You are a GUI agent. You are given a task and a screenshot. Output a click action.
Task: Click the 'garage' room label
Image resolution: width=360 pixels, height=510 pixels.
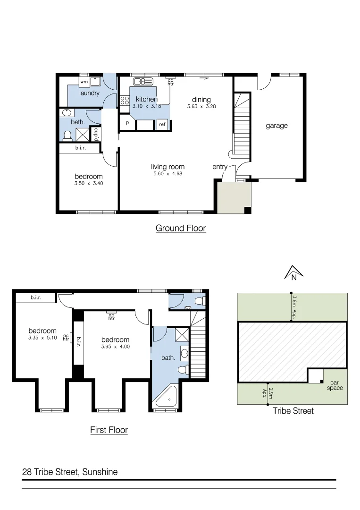pos(276,126)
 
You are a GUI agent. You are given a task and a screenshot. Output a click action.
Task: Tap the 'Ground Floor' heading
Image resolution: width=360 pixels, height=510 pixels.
pos(181,228)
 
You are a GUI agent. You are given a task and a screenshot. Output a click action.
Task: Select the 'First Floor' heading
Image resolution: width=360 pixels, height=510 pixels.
pos(109,430)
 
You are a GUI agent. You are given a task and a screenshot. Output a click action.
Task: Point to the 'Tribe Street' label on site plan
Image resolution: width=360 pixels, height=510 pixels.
pos(293,411)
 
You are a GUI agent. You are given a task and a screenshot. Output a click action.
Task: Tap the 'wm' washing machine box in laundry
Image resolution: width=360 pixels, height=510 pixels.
pos(84,82)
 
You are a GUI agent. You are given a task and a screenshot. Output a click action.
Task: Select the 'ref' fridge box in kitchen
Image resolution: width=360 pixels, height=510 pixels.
pos(162,124)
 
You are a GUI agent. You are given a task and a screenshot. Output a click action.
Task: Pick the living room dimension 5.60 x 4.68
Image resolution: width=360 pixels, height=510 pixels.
pos(167,174)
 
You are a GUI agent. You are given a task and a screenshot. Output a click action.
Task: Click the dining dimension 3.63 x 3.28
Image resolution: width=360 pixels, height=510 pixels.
pos(201,106)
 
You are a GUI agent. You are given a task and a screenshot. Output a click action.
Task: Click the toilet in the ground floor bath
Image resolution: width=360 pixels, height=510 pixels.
pos(67,136)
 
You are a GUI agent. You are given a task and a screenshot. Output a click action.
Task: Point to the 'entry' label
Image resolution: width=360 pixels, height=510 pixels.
pos(220,167)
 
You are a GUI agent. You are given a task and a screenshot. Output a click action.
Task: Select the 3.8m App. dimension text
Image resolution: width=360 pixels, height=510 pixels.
pos(293,307)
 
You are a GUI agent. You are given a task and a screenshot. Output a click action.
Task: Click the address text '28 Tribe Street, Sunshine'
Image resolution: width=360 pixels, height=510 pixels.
pos(70,472)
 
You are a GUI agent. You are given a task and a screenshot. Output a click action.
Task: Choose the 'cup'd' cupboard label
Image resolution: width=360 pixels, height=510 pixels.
pos(96,134)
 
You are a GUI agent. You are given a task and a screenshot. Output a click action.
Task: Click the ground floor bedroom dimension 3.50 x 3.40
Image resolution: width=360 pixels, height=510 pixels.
pos(89,183)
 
